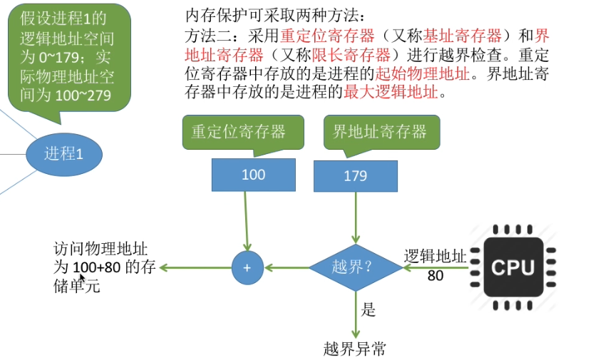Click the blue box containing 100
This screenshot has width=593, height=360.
(x=253, y=175)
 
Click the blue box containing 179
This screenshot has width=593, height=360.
(x=355, y=176)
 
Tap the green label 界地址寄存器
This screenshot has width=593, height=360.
(x=380, y=131)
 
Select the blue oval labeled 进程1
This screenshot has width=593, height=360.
(x=64, y=153)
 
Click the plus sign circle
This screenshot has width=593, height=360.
(x=247, y=268)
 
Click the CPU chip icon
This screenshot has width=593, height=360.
(x=512, y=267)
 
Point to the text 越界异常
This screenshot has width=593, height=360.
(x=354, y=349)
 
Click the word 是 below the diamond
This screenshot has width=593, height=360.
(x=368, y=310)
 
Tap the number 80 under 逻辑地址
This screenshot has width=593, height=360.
(x=435, y=275)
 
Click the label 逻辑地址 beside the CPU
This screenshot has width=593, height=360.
(x=435, y=257)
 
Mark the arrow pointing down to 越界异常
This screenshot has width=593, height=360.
(x=355, y=317)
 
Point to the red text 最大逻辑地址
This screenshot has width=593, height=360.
(x=390, y=92)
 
